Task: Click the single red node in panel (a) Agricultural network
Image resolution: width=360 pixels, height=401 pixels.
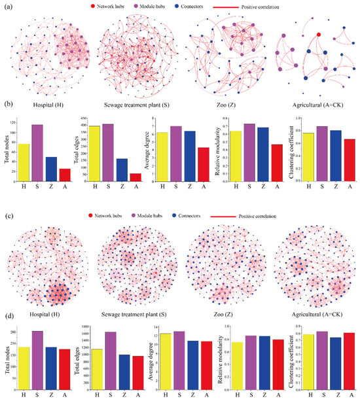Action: point(319,34)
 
